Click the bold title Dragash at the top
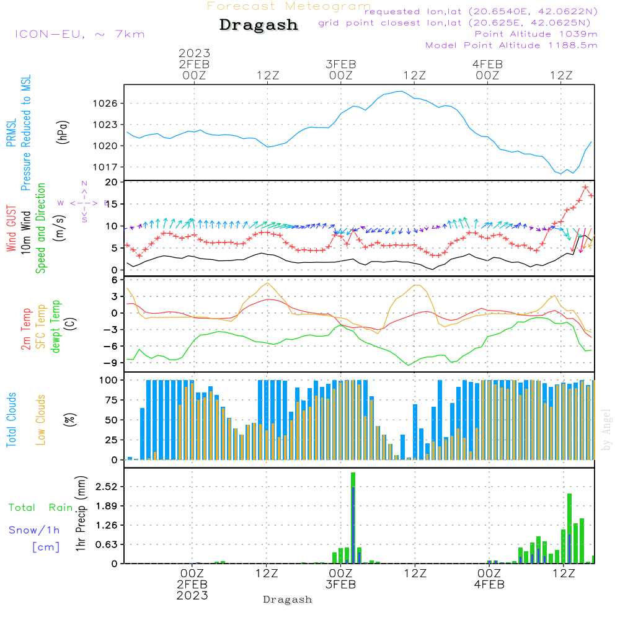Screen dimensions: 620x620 click(x=259, y=25)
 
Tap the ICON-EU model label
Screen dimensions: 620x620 click(x=79, y=34)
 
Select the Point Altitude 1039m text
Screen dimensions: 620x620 click(x=536, y=34)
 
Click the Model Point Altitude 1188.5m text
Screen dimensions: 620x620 click(x=511, y=45)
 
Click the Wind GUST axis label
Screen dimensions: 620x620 click(x=11, y=228)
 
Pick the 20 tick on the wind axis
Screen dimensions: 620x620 click(x=112, y=182)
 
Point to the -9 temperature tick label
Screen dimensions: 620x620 click(x=111, y=363)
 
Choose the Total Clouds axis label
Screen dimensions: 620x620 click(x=11, y=420)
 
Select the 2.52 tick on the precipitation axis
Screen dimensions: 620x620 click(x=106, y=487)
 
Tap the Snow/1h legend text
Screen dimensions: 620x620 click(x=34, y=530)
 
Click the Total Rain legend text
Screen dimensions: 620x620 click(x=40, y=508)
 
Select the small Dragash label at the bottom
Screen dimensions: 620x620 click(x=287, y=600)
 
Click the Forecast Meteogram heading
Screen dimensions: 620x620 click(x=288, y=6)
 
